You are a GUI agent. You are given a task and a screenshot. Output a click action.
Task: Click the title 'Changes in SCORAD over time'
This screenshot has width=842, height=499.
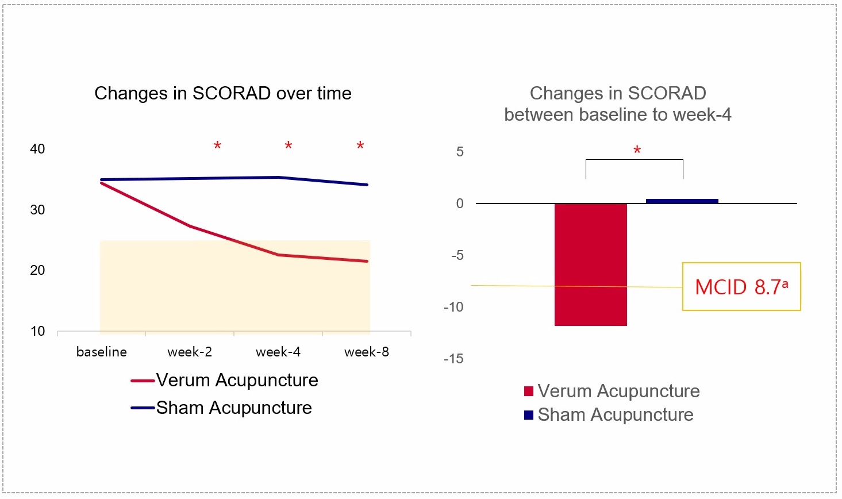pyautogui.click(x=223, y=93)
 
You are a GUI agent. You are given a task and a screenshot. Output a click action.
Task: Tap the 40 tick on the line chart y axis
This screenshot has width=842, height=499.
pyautogui.click(x=37, y=149)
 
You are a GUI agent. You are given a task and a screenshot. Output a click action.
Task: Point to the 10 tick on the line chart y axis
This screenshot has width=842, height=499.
pyautogui.click(x=37, y=331)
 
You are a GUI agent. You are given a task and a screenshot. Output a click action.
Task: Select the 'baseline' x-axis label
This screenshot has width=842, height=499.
pyautogui.click(x=102, y=352)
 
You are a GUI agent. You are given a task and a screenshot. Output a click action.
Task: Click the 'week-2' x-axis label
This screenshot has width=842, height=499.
pyautogui.click(x=190, y=352)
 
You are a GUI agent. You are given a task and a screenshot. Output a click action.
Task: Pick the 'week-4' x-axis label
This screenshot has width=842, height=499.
pyautogui.click(x=278, y=352)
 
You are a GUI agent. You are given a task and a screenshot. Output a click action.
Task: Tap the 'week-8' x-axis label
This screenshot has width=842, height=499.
pyautogui.click(x=367, y=352)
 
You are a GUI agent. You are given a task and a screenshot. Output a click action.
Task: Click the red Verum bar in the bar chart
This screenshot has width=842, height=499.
pyautogui.click(x=590, y=264)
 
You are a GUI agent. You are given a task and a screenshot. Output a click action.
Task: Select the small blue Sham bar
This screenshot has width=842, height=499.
pyautogui.click(x=682, y=201)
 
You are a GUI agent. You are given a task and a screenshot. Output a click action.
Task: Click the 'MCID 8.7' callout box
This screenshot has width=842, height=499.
pyautogui.click(x=741, y=287)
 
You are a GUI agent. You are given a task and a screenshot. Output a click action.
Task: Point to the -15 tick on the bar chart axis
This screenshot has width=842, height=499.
pyautogui.click(x=453, y=359)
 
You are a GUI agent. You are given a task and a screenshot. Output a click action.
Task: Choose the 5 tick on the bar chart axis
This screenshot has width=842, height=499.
pyautogui.click(x=460, y=152)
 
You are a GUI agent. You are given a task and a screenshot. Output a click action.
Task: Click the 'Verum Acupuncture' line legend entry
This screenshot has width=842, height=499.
pyautogui.click(x=225, y=380)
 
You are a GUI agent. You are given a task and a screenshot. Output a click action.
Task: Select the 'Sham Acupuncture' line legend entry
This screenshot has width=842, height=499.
pyautogui.click(x=222, y=408)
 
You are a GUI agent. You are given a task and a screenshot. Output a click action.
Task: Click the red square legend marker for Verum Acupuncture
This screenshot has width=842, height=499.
pyautogui.click(x=529, y=391)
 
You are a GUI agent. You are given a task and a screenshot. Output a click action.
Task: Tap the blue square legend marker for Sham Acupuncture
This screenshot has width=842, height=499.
pyautogui.click(x=529, y=415)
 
